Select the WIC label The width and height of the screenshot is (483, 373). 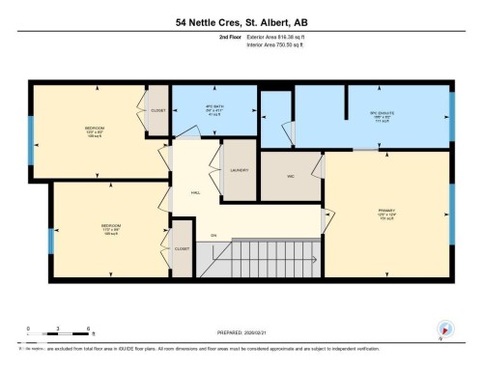tap(290, 175)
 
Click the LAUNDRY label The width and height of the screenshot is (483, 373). tap(241, 171)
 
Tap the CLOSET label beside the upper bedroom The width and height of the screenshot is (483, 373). tap(158, 110)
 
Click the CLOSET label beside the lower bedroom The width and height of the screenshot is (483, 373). tap(182, 249)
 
